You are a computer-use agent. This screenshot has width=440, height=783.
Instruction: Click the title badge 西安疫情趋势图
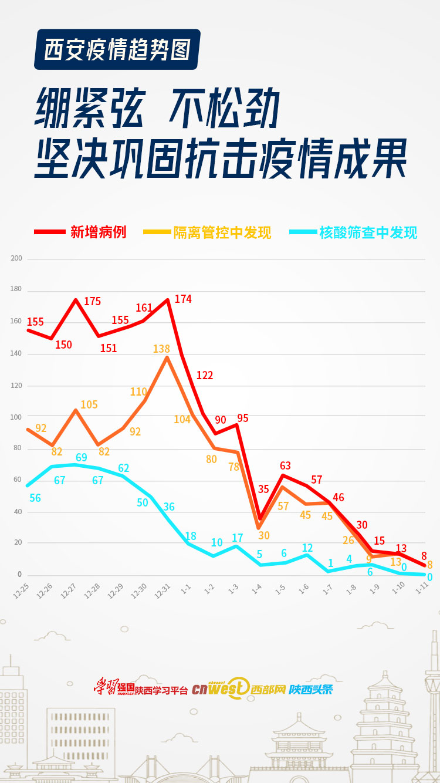pyautogui.click(x=117, y=49)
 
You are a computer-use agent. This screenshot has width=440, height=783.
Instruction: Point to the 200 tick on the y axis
pyautogui.click(x=16, y=258)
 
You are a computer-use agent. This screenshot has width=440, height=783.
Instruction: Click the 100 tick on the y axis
pyautogui.click(x=16, y=417)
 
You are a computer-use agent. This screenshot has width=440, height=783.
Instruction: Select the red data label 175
pyautogui.click(x=93, y=302)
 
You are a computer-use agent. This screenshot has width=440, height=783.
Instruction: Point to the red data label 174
pyautogui.click(x=183, y=299)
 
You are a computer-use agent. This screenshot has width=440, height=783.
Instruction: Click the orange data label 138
pyautogui.click(x=161, y=349)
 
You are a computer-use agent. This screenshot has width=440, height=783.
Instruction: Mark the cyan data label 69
pyautogui.click(x=82, y=457)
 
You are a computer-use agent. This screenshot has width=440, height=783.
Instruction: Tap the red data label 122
pyautogui.click(x=204, y=376)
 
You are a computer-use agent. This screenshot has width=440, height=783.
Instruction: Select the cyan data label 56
pyautogui.click(x=35, y=498)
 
